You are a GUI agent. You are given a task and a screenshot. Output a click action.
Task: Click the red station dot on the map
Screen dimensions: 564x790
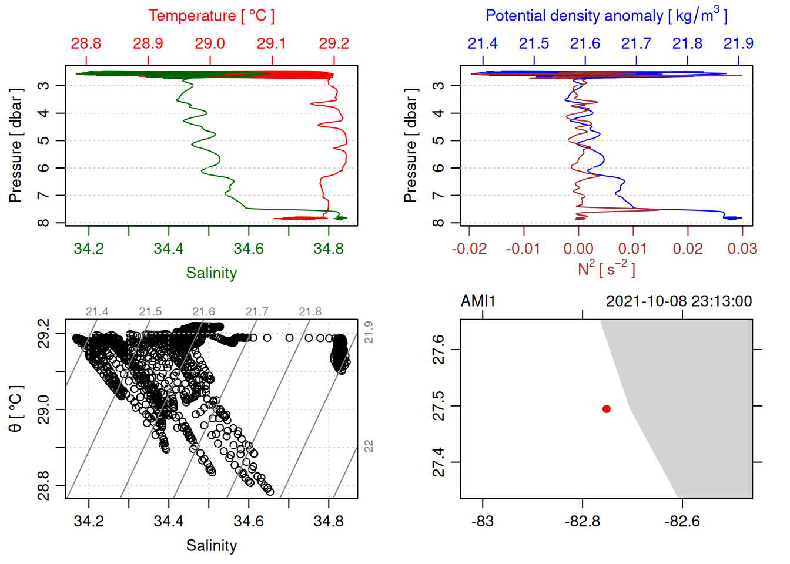(x=607, y=409)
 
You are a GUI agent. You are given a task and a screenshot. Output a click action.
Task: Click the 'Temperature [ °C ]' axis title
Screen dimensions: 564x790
(x=211, y=16)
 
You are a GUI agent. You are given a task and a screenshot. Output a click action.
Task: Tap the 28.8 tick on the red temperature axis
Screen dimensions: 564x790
(x=86, y=43)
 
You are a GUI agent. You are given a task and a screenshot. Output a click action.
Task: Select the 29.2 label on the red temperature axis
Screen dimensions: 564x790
(x=334, y=43)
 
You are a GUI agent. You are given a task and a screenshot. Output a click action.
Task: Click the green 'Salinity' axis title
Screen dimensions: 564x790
(x=211, y=273)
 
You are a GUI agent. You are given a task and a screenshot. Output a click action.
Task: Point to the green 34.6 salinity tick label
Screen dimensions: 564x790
(x=249, y=249)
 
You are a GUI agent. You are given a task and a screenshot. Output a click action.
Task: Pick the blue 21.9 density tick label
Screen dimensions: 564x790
(x=738, y=43)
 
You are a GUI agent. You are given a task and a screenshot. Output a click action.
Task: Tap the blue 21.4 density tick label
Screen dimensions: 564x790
(x=483, y=43)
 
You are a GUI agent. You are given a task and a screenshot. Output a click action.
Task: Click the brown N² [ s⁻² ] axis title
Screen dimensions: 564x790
(x=606, y=269)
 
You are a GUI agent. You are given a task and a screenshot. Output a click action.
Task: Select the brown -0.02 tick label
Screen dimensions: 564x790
(x=469, y=249)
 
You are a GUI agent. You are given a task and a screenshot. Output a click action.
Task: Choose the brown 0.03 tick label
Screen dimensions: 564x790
(x=742, y=249)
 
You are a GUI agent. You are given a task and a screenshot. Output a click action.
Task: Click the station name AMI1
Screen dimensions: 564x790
(x=478, y=301)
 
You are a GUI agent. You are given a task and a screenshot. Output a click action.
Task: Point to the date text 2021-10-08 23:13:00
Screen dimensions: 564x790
(x=679, y=301)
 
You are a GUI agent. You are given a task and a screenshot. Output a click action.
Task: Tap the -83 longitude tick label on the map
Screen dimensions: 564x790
(x=483, y=522)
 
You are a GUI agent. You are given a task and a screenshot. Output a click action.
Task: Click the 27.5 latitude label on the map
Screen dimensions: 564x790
(x=438, y=406)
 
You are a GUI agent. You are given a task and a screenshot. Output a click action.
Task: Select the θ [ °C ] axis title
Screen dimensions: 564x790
(x=16, y=409)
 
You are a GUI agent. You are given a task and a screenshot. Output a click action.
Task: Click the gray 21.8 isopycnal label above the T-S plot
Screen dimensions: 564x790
(x=310, y=312)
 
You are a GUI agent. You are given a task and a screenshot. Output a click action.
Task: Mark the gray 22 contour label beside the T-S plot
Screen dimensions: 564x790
(x=369, y=446)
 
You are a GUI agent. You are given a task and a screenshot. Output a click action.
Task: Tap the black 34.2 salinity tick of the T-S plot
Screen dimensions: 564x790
(x=89, y=522)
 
